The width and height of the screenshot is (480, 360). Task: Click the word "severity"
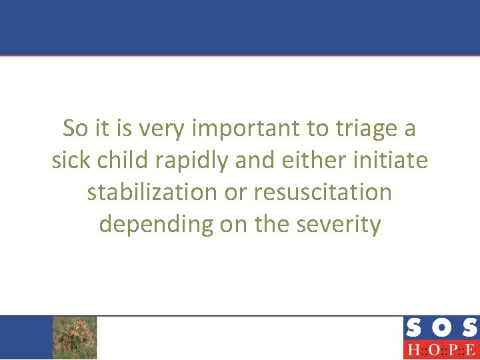point(339,225)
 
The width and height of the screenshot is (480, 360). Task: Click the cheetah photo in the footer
point(75,337)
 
